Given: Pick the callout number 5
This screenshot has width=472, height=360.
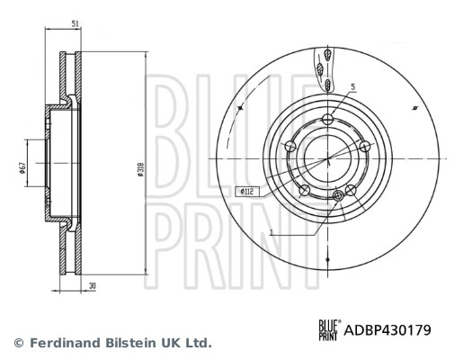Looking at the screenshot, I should (352, 87).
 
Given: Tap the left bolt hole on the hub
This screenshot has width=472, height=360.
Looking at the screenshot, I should (289, 147).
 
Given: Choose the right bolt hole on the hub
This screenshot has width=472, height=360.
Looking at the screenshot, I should (364, 147).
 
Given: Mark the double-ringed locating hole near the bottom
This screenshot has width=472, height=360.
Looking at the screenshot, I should (339, 195).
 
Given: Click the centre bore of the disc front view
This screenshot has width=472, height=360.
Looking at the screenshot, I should (327, 157).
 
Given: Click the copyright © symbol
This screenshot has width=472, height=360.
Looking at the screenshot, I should (18, 343).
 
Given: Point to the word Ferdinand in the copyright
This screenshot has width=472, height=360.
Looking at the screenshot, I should (64, 343).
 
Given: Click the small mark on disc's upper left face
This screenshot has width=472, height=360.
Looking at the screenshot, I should (241, 108).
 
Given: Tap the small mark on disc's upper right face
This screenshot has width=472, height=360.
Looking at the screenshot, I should (414, 108).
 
